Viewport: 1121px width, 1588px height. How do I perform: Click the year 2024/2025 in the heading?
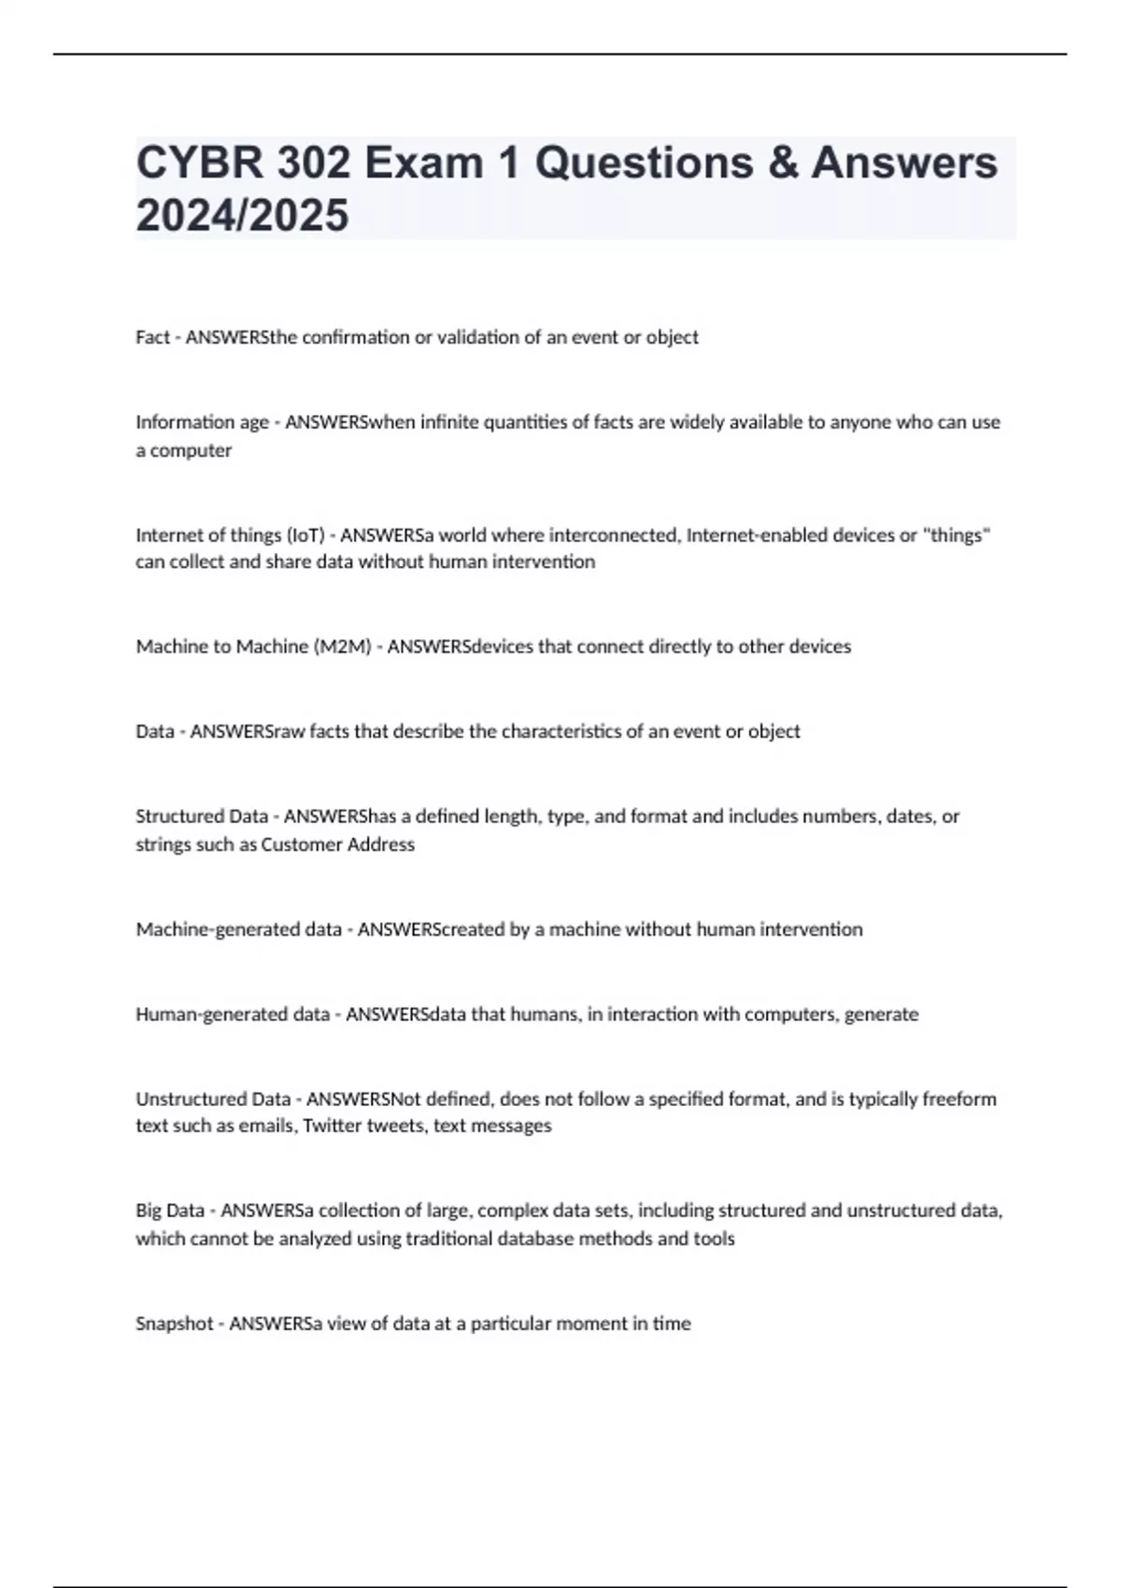click(x=242, y=215)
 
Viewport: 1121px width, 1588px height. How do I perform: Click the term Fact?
click(x=152, y=337)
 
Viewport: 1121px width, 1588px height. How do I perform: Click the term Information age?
click(x=202, y=422)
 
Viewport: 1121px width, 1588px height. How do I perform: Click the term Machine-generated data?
click(x=238, y=929)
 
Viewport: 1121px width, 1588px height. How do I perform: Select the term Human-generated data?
click(x=232, y=1014)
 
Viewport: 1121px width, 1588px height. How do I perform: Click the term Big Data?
click(x=169, y=1211)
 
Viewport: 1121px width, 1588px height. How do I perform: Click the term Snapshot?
click(x=174, y=1324)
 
